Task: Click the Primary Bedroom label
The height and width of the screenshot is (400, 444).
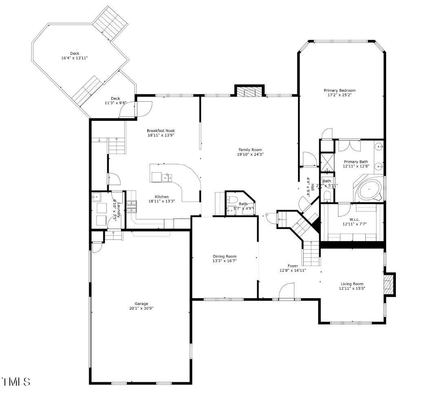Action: coord(339,90)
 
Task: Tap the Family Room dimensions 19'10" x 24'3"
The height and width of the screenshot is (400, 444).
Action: coord(250,154)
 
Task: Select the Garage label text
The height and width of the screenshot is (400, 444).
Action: coord(141,304)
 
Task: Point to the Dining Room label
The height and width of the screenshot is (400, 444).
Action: coord(224,256)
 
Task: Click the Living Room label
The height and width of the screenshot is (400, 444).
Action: coord(352,284)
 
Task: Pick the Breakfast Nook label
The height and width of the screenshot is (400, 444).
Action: coord(161,131)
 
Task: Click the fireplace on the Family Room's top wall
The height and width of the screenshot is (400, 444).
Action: coord(249,92)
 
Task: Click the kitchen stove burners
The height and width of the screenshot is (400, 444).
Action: coord(132,207)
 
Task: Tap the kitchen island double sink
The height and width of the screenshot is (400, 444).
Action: coord(167,177)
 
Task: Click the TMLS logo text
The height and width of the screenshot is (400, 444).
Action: coord(16,382)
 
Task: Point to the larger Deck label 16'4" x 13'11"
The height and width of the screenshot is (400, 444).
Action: coord(74,56)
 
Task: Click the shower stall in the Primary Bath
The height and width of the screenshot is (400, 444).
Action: coord(327,161)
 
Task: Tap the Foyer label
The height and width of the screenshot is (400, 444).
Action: coord(293,266)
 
